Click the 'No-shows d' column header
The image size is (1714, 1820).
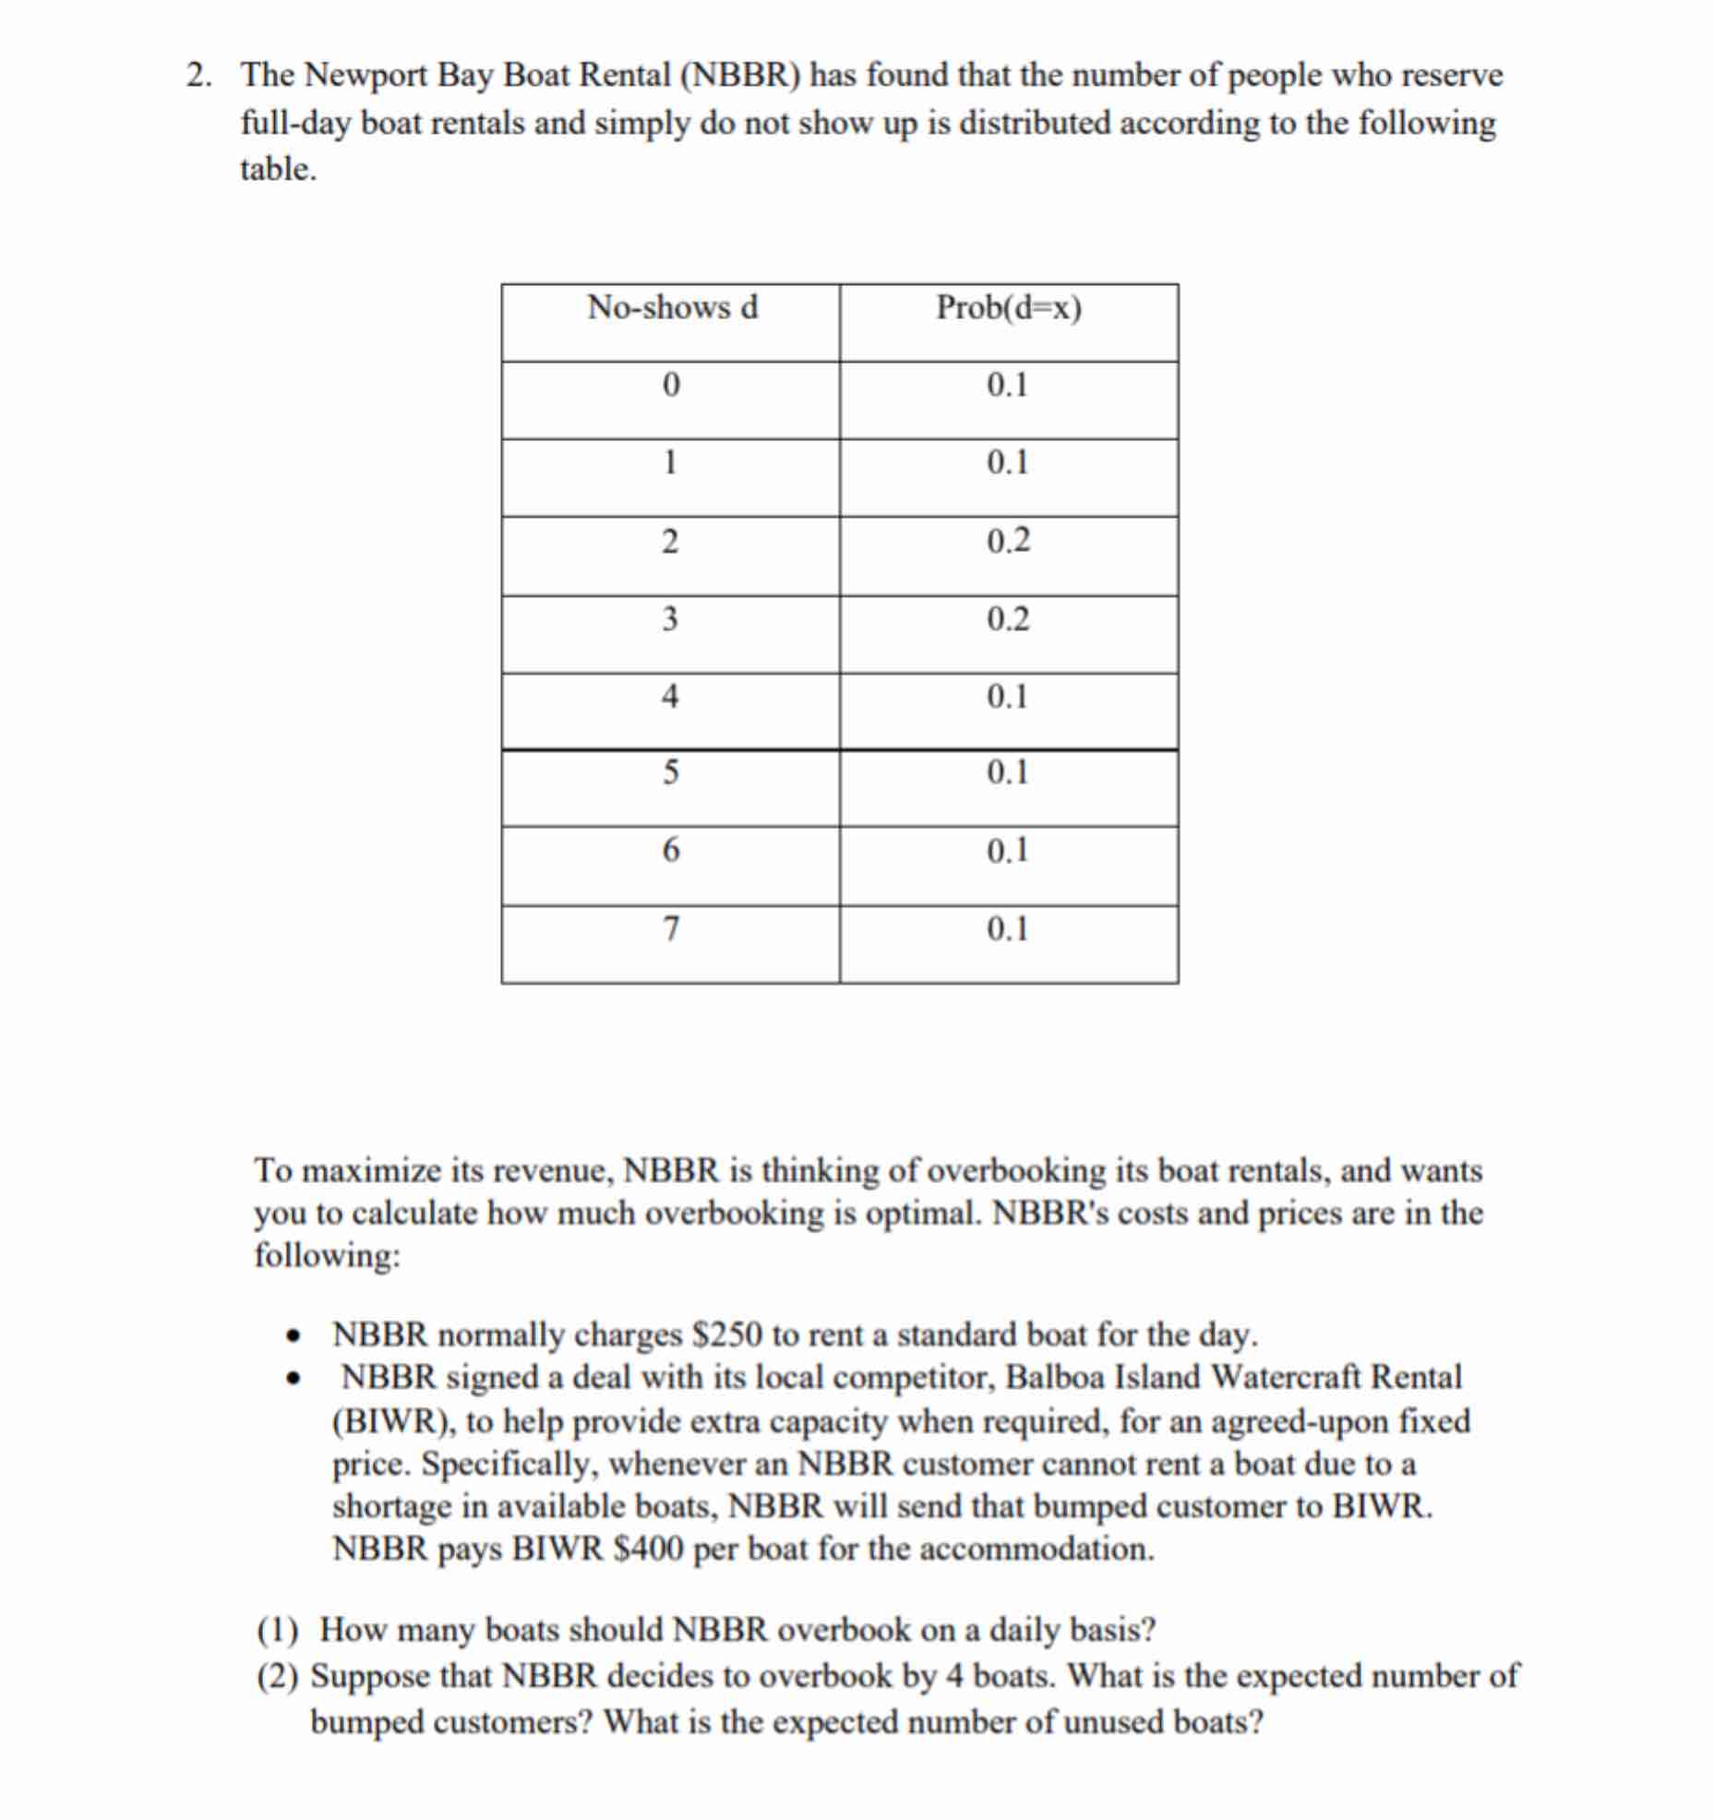pos(672,307)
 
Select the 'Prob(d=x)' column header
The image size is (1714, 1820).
pos(1008,307)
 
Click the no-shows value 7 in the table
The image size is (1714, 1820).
pos(671,928)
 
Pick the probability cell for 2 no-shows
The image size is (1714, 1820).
pos(1007,541)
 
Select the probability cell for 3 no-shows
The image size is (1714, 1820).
pos(1007,618)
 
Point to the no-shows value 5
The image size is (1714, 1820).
pos(671,772)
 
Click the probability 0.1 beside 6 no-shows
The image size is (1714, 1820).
pos(1007,850)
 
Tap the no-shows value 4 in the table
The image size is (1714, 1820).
pos(671,696)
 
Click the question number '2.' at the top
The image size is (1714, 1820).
pos(198,76)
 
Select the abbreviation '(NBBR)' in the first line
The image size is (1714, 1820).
pos(739,76)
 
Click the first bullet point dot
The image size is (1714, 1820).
pos(294,1336)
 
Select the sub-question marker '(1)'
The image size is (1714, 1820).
pos(277,1631)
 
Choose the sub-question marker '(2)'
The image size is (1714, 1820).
pos(277,1675)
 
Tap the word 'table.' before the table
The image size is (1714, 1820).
pos(278,170)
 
